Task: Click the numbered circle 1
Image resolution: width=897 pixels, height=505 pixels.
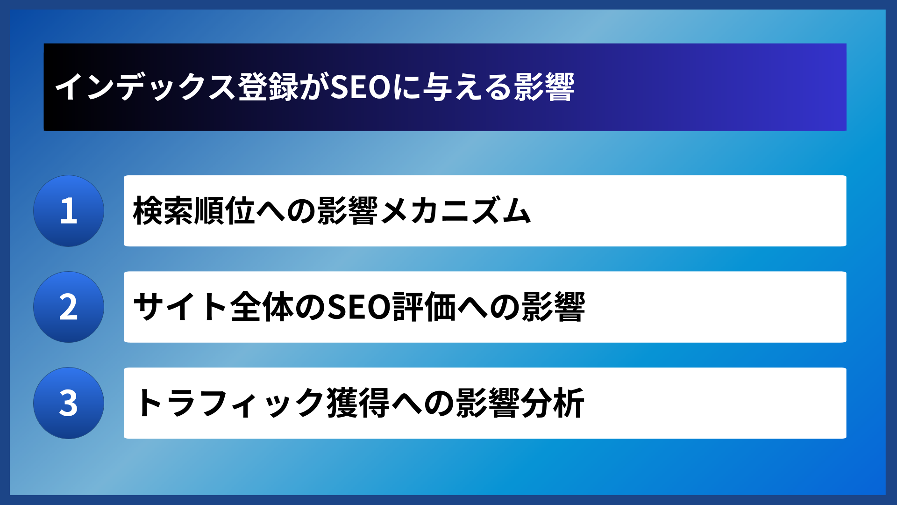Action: point(69,211)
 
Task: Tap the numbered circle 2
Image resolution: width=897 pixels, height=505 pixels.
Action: point(69,307)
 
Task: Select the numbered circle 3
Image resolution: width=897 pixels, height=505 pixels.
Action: point(69,403)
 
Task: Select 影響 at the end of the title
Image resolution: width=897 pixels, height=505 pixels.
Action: point(544,87)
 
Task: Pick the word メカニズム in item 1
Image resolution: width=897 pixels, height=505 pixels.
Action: point(455,211)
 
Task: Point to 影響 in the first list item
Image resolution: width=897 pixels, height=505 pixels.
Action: point(348,211)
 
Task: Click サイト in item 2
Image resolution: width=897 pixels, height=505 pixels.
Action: point(180,307)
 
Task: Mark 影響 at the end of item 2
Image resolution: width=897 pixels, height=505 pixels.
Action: point(554,307)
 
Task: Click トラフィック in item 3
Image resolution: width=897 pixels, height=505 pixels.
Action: point(229,403)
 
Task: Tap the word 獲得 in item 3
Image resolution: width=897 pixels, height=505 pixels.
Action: point(358,403)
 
